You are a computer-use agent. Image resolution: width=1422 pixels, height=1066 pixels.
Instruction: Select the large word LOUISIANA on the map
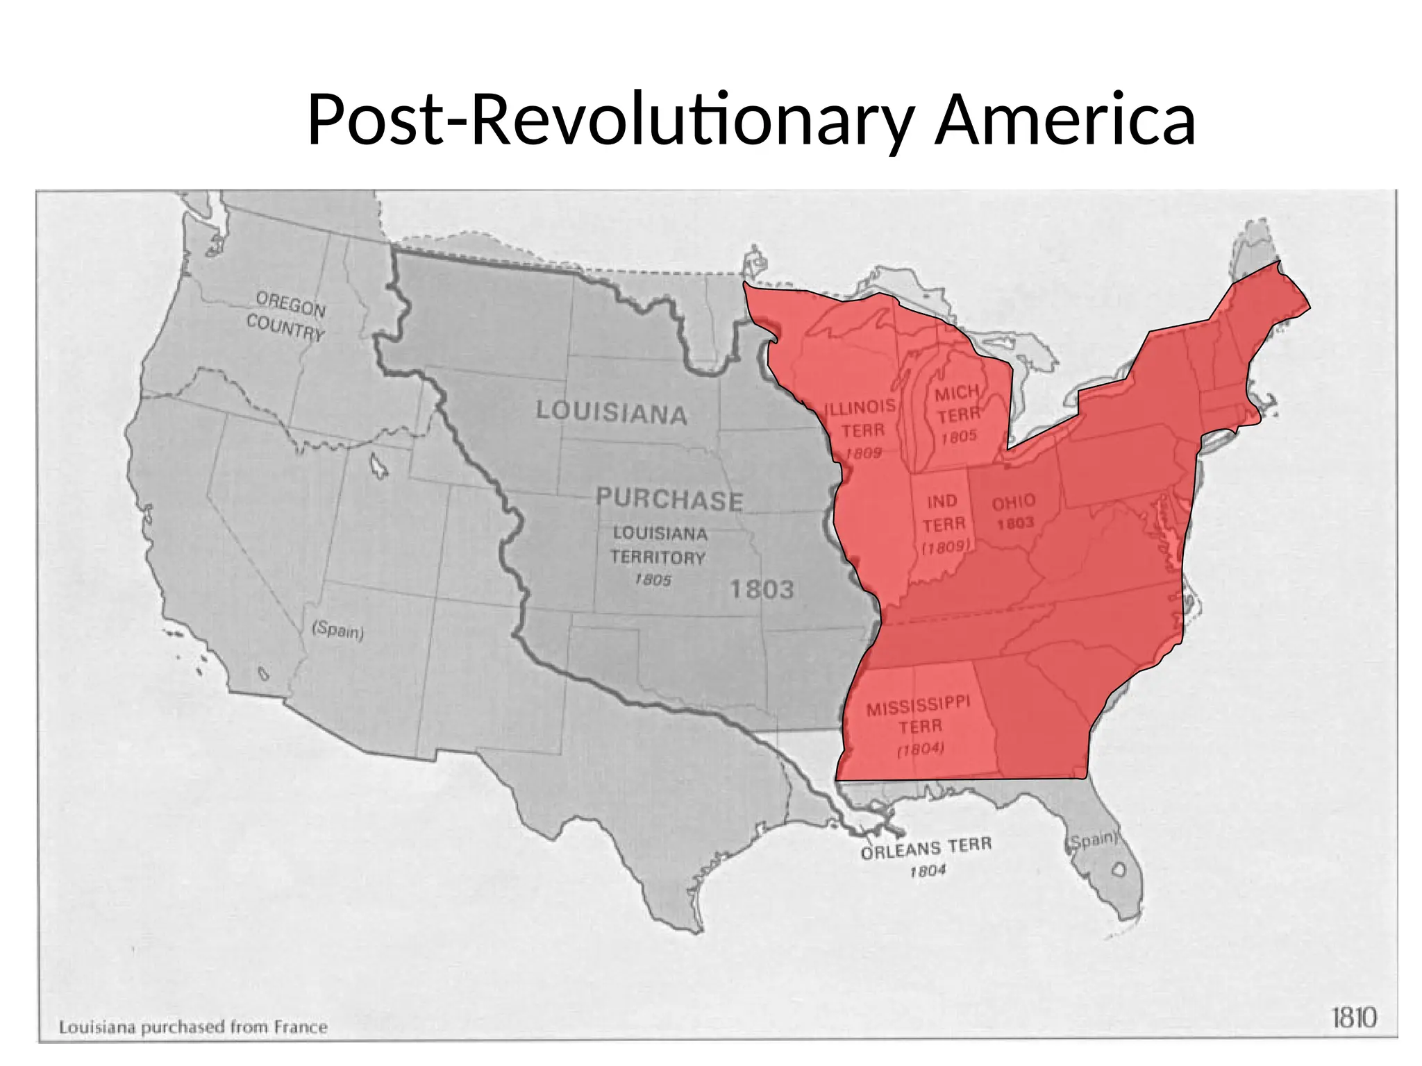tap(612, 412)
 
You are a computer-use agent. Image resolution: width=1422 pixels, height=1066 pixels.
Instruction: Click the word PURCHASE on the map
tap(669, 500)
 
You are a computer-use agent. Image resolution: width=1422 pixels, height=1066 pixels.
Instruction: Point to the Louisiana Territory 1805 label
tap(658, 555)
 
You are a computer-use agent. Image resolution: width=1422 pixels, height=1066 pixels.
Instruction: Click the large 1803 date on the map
tap(762, 590)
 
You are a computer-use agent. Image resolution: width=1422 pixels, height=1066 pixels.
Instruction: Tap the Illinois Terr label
tap(861, 419)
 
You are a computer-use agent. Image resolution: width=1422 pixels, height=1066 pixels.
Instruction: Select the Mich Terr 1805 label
tap(958, 414)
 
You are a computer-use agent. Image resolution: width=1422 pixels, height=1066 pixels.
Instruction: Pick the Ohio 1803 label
tap(1014, 511)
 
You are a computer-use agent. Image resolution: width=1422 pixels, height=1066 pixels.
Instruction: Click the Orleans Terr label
tap(926, 849)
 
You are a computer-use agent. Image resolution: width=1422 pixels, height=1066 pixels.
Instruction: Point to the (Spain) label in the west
tap(338, 631)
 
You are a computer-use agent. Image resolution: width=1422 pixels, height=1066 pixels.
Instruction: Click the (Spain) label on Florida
tap(1092, 840)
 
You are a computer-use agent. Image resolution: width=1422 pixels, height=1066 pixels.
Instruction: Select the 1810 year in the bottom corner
tap(1354, 1018)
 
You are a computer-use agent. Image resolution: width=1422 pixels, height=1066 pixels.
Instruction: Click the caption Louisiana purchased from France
tap(193, 1027)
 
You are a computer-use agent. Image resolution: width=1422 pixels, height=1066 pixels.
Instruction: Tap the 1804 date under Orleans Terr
tap(928, 870)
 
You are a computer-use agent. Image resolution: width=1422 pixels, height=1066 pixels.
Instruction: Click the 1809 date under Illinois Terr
tap(863, 453)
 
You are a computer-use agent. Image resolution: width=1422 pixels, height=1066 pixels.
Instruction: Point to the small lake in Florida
tap(1119, 869)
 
